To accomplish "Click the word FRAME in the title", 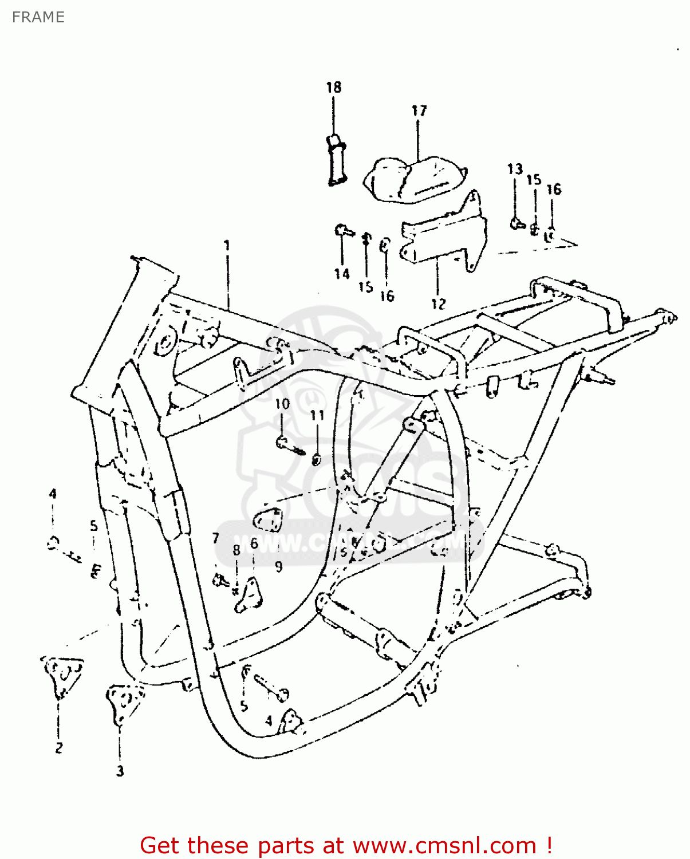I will tap(38, 17).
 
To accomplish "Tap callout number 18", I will tap(333, 87).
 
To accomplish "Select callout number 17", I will tap(419, 111).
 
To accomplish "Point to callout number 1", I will tap(227, 246).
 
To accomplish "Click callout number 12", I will tap(438, 304).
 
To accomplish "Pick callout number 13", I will tap(515, 169).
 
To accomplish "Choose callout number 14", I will tap(342, 274).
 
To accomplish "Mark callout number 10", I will tap(282, 404).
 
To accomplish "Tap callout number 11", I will tap(317, 415).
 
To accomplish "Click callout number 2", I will tap(58, 747).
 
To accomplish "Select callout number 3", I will tap(120, 771).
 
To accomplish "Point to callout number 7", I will tap(215, 538).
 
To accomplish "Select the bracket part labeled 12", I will tap(444, 238).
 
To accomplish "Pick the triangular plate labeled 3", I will tap(123, 702).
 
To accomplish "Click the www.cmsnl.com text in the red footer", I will tap(444, 846).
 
